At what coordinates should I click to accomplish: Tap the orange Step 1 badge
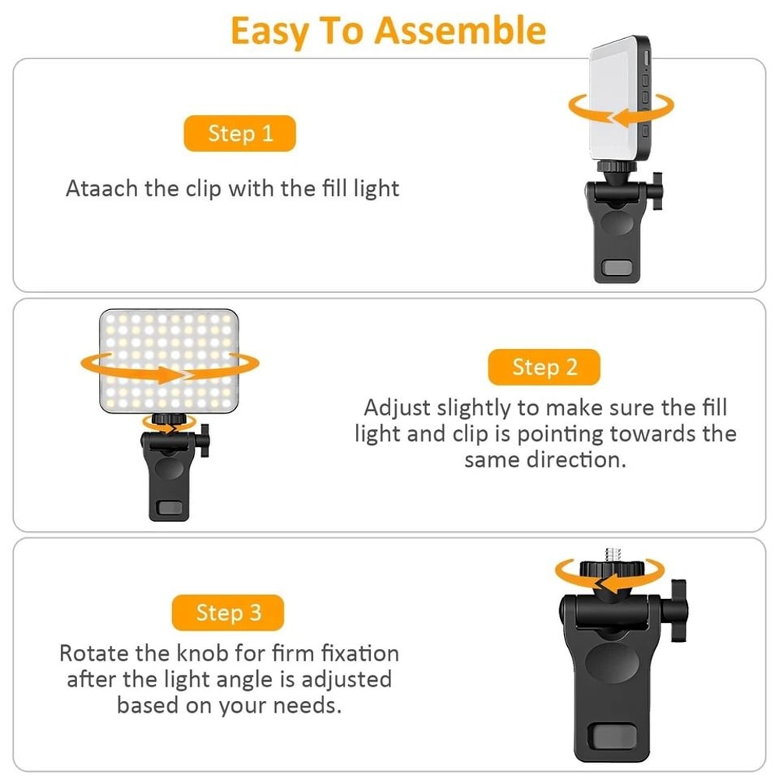point(240,133)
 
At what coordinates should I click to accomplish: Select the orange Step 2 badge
point(545,367)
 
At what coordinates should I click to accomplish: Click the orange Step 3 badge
point(228,613)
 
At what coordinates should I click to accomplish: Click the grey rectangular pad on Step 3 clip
point(609,735)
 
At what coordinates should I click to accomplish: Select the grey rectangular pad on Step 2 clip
point(169,508)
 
